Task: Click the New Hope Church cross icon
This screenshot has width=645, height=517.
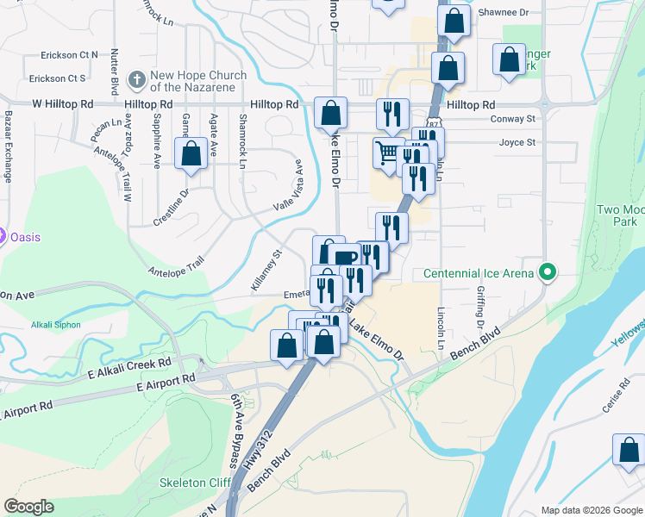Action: point(136,81)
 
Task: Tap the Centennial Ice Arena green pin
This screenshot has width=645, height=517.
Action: point(545,273)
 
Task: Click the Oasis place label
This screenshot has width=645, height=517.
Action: point(26,237)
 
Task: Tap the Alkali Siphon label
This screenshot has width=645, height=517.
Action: point(56,325)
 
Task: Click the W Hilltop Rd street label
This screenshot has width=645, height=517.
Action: point(62,103)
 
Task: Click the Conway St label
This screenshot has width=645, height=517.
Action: point(512,119)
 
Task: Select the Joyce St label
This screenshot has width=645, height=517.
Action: point(517,142)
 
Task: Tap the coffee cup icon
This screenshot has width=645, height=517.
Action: point(343,258)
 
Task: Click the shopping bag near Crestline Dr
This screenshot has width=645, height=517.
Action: point(191,154)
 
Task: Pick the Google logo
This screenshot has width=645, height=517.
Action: point(28,507)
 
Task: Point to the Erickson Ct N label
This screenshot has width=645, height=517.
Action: point(69,55)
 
